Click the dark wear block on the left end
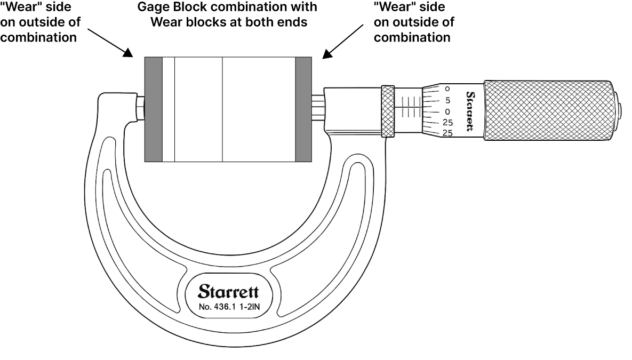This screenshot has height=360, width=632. pos(154,110)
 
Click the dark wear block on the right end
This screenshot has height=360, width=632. pos(303,110)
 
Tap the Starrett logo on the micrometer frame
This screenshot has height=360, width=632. pos(229,291)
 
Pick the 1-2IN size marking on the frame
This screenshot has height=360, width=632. pos(250,307)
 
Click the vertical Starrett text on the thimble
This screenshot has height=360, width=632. pos(470,111)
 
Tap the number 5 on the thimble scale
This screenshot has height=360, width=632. pos(447,100)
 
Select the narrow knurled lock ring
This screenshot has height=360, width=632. pos(388,111)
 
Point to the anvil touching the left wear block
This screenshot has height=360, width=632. pos(140,108)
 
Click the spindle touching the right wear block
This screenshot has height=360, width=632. pos(318,108)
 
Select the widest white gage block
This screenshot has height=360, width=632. pos(259,110)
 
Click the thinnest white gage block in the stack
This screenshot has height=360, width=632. pos(169,110)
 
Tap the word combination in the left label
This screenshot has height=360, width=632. pos(39,37)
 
